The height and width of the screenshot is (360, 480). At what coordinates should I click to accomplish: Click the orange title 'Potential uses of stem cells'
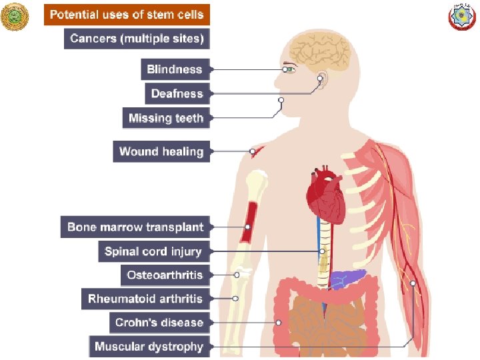click(127, 15)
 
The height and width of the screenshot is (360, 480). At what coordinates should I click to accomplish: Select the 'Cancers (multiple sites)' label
click(137, 39)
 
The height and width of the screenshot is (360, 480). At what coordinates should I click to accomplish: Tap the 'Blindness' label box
click(175, 69)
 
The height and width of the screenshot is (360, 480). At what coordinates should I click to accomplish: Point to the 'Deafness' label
click(177, 93)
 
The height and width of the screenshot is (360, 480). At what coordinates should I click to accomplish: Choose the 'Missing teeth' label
click(166, 118)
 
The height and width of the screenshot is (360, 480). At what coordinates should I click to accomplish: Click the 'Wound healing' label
click(161, 151)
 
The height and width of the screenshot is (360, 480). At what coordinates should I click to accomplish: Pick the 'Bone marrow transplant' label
click(135, 227)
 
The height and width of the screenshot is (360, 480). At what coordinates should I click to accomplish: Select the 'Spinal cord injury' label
click(153, 251)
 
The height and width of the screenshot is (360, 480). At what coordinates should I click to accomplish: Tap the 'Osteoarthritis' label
click(165, 275)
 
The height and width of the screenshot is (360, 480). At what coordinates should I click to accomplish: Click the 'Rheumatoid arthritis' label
click(145, 299)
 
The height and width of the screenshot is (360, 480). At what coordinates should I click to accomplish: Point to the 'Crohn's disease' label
click(159, 323)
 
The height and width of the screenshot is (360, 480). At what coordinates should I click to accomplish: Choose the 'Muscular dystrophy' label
click(149, 347)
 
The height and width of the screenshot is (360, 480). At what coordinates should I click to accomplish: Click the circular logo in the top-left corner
click(16, 17)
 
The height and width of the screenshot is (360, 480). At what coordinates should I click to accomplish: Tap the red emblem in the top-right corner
click(463, 17)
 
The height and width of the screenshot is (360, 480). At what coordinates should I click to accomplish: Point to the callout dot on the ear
click(320, 79)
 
